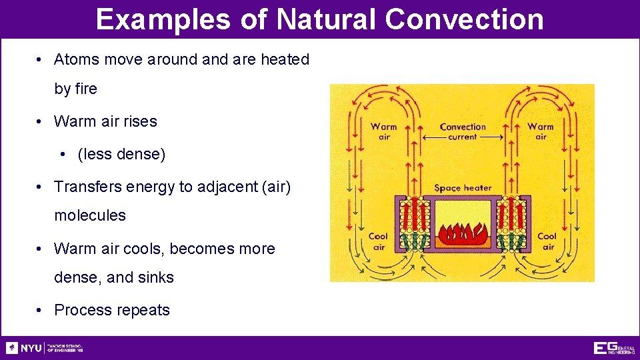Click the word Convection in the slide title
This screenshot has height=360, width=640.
coord(464,19)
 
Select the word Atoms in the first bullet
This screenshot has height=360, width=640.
coord(76,59)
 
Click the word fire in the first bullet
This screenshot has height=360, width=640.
coord(85,89)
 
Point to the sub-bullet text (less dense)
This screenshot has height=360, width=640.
coord(121,154)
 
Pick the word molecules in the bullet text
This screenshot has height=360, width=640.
coord(89,215)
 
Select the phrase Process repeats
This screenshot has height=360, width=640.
coord(112,310)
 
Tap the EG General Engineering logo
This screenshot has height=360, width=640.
coord(613,348)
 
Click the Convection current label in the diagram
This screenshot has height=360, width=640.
coord(463,131)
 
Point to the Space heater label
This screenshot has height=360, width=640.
coord(463,188)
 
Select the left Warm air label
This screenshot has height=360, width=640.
coord(384,131)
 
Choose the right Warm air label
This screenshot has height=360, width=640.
coord(541,131)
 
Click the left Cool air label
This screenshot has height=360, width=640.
coord(379,241)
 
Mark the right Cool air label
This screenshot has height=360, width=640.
coord(547,241)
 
